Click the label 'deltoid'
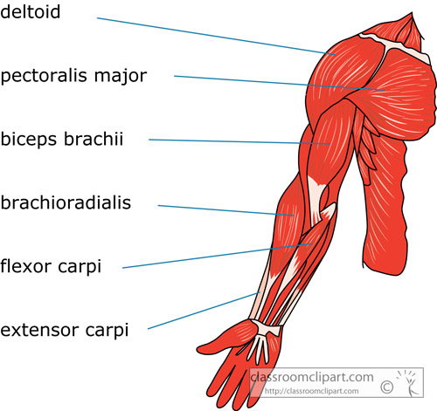click(x=31, y=11)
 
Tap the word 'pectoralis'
click(x=44, y=76)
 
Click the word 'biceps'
click(x=30, y=140)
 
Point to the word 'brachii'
click(x=94, y=139)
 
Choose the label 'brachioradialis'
click(x=66, y=202)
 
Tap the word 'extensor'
click(x=39, y=331)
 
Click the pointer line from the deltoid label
click(x=217, y=36)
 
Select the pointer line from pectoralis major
click(x=280, y=83)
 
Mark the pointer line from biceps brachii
click(x=239, y=141)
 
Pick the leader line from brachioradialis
click(x=226, y=210)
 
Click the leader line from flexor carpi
click(x=218, y=256)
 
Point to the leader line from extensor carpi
click(x=204, y=311)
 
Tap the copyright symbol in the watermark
click(x=387, y=387)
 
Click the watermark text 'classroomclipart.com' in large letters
click(x=312, y=377)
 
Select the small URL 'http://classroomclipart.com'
click(x=311, y=391)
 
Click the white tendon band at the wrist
click(x=267, y=327)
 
